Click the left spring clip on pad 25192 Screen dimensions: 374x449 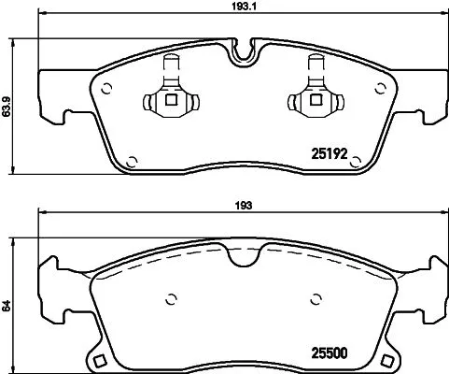(169, 95)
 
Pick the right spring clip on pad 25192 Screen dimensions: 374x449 (312, 95)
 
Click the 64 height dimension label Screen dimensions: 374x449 (8, 305)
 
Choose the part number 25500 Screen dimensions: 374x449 (329, 353)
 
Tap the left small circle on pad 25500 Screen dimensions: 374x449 (172, 299)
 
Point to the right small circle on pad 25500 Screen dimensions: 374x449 (315, 299)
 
